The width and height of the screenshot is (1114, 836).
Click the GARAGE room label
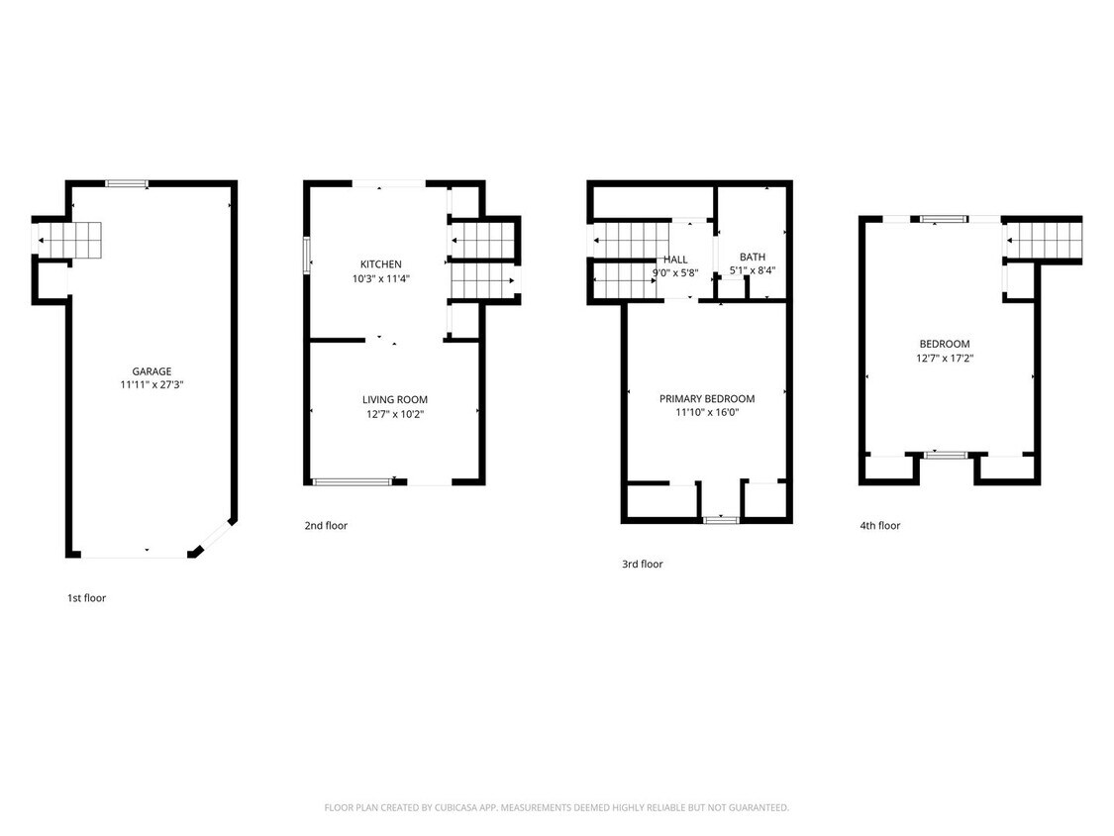tap(152, 371)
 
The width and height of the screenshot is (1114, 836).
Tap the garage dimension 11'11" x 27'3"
tap(152, 385)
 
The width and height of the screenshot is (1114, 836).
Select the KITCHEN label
tap(381, 264)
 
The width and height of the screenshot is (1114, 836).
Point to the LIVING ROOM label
tap(395, 400)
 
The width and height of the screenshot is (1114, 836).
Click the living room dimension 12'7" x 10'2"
tap(395, 414)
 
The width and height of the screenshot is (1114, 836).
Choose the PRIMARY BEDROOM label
tap(707, 399)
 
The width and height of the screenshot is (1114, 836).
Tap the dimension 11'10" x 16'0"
tap(707, 412)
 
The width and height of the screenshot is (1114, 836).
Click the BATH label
tap(753, 257)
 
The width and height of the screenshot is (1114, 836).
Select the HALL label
tap(675, 260)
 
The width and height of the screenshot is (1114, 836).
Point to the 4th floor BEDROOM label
tap(945, 344)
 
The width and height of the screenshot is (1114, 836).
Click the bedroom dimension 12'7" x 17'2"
tap(945, 359)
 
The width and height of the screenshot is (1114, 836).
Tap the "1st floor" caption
tap(87, 598)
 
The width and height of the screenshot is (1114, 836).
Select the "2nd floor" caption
tap(326, 525)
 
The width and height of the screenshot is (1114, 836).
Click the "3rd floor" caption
tap(643, 564)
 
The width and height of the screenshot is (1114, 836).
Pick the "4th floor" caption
tap(880, 525)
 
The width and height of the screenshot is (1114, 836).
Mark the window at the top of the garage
tap(127, 183)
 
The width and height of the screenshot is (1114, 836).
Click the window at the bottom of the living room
tap(352, 482)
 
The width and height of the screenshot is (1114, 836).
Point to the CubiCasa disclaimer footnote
tap(557, 807)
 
